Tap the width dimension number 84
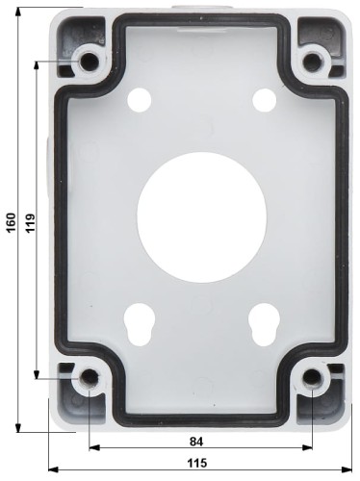pyautogui.click(x=196, y=442)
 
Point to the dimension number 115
pyautogui.click(x=196, y=463)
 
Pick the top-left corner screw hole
pyautogui.click(x=90, y=61)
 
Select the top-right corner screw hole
pyautogui.click(x=312, y=61)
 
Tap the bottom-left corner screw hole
pyautogui.click(x=90, y=379)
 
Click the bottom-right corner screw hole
pyautogui.click(x=312, y=379)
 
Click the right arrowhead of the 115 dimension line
pyautogui.click(x=347, y=470)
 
